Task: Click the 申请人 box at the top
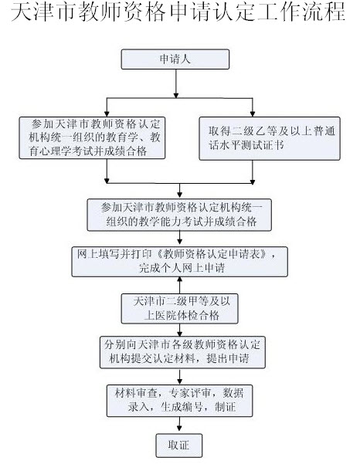click(x=179, y=59)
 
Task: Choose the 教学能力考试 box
click(x=179, y=214)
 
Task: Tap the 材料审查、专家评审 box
click(x=179, y=398)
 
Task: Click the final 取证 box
click(x=179, y=446)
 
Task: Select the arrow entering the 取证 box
click(x=179, y=426)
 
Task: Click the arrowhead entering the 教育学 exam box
click(x=105, y=112)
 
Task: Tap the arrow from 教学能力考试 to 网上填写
click(x=179, y=239)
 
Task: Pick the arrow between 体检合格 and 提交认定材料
click(x=179, y=329)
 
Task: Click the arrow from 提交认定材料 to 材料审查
click(x=179, y=376)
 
